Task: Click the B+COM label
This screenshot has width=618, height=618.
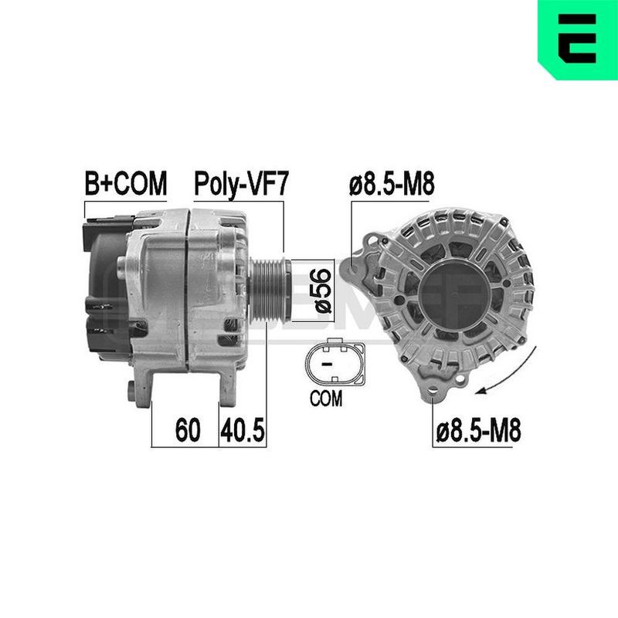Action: pos(126,183)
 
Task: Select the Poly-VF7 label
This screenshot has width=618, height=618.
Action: pos(242,184)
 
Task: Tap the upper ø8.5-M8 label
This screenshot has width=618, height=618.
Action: pos(392,184)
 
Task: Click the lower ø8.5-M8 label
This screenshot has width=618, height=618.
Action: pos(478,430)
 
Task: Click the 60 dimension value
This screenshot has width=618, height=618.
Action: pos(188,430)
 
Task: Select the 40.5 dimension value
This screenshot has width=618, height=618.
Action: pos(243,430)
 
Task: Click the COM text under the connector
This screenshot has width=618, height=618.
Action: pos(326,399)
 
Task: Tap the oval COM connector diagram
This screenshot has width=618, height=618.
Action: pos(335,362)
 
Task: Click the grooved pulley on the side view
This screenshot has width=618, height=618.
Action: pos(270,290)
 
